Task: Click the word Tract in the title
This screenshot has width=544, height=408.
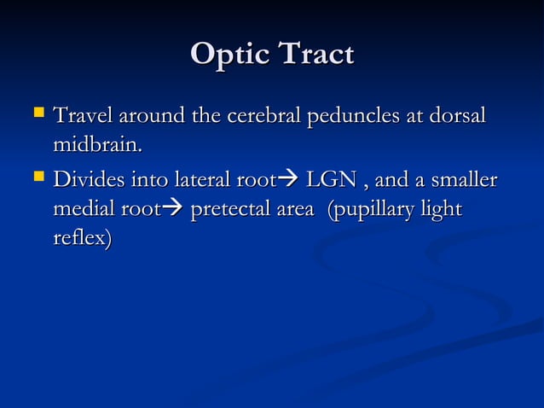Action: [312, 55]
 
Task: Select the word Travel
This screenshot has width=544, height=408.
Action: [84, 114]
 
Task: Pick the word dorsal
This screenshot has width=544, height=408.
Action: [454, 114]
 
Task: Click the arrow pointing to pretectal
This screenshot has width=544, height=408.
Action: [172, 211]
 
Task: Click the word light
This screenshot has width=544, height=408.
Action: [443, 211]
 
